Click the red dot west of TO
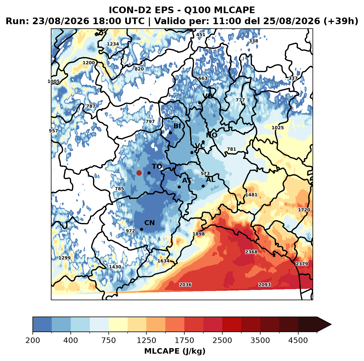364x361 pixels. coord(139,173)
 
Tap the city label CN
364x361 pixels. coord(149,223)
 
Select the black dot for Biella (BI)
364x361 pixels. coord(170,133)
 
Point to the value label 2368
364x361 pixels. coord(251,251)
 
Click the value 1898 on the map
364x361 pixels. coord(198,234)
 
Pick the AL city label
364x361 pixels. coord(210,179)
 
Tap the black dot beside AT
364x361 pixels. coord(179,187)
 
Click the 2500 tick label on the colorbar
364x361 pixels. coord(222,340)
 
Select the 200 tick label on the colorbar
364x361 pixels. coord(33,340)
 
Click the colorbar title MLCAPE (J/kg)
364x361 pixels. coord(175,351)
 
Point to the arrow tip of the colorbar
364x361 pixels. coord(331,324)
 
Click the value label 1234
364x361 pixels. coord(113,44)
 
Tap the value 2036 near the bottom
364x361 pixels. coord(185,285)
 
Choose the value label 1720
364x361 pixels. coord(304,210)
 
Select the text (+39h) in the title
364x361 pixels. coord(341,21)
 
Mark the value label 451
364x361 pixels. coord(201,35)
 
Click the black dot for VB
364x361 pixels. coord(199,103)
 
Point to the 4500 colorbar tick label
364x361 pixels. coord(298,340)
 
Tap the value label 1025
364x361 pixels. coord(278,127)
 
